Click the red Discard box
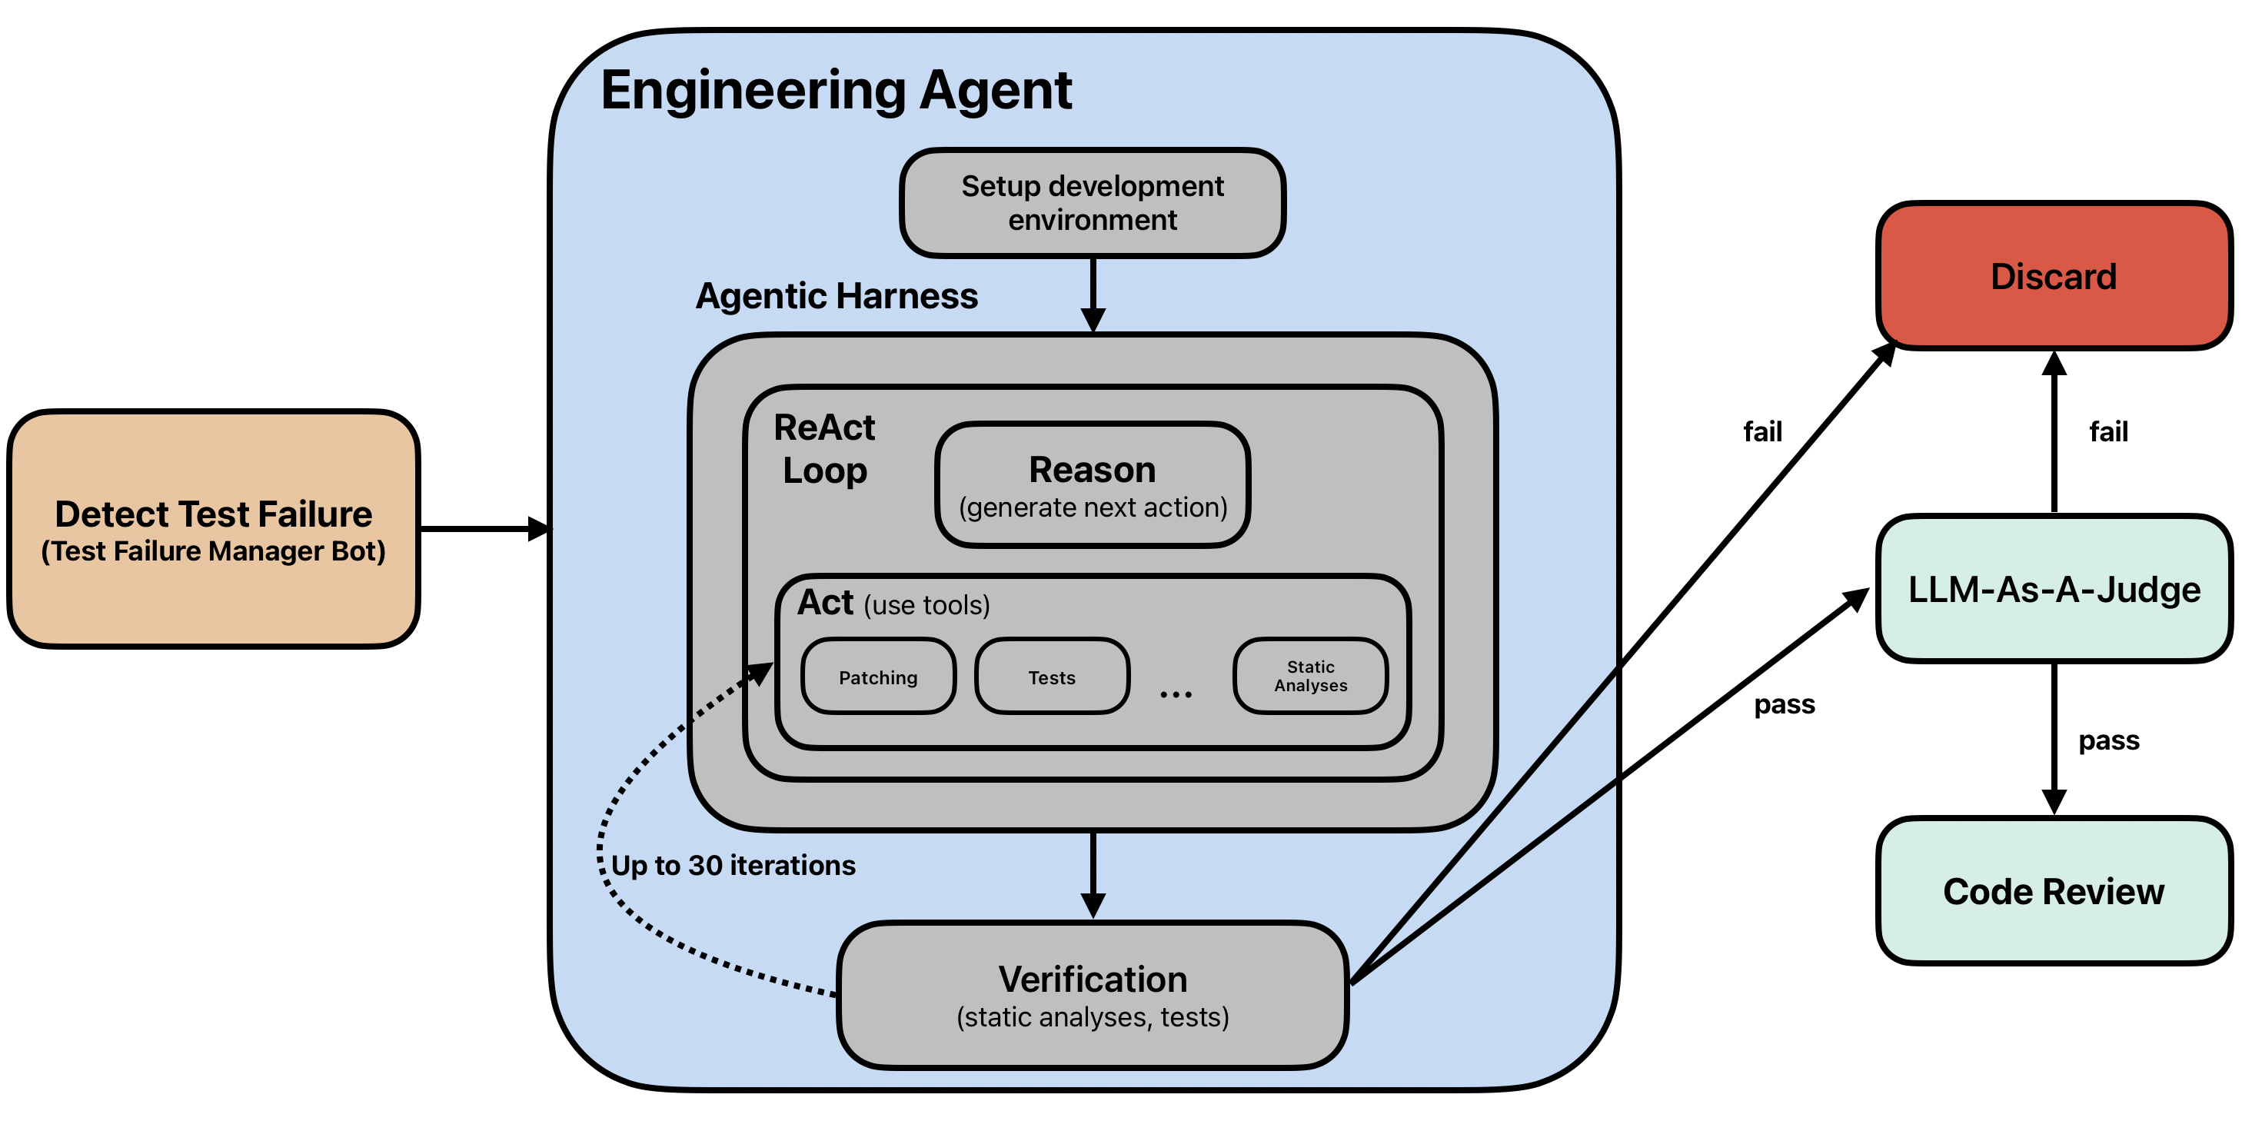2054,276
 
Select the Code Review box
2054,891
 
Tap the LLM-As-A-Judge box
2054,588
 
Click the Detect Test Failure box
214,529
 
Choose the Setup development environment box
1093,203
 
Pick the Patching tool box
878,676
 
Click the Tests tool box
1052,676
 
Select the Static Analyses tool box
1310,676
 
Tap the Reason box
1093,484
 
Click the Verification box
1093,996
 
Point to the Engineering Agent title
836,91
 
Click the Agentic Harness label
837,296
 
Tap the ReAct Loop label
824,448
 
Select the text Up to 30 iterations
733,866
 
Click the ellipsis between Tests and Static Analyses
1176,694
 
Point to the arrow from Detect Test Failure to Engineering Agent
486,529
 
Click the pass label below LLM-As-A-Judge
2108,742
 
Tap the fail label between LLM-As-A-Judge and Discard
2108,431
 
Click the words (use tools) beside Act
926,605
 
